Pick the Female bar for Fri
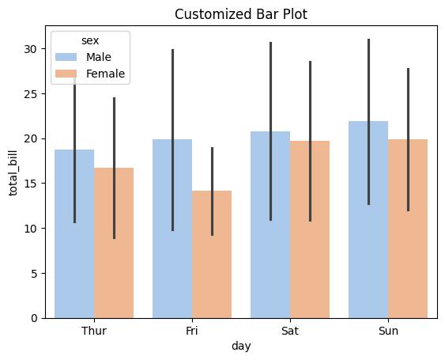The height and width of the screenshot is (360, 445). (212, 254)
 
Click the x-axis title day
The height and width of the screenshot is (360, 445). (241, 346)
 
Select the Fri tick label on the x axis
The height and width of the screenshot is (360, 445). (192, 331)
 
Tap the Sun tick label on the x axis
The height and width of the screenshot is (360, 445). (388, 331)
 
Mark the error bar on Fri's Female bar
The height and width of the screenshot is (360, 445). (212, 191)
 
